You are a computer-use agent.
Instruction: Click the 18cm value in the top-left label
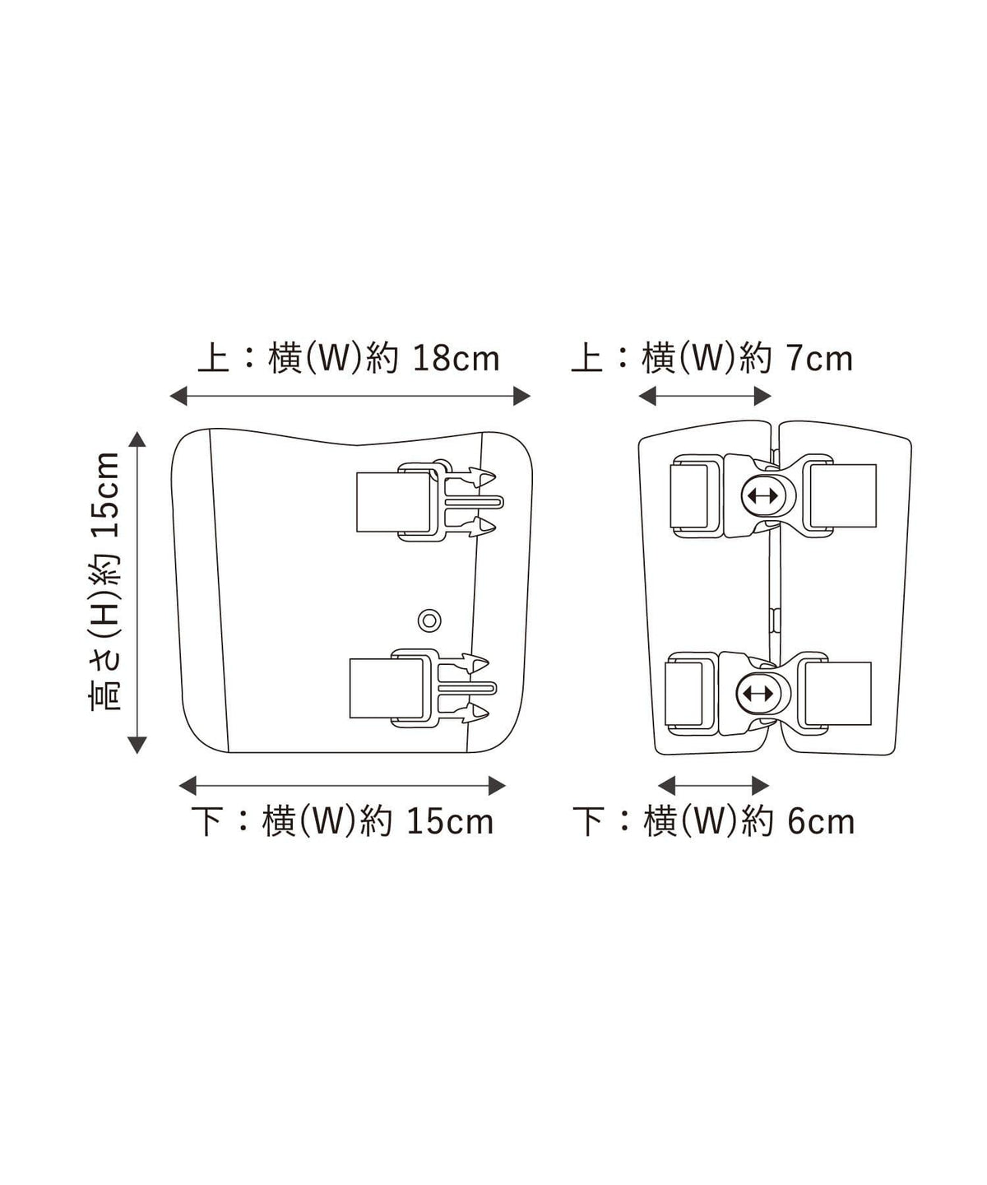click(456, 358)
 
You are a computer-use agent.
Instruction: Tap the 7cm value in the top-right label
click(820, 359)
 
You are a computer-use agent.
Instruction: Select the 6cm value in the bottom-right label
click(821, 822)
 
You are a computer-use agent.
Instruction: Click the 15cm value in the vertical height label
click(105, 495)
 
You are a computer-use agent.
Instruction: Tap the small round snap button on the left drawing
click(429, 620)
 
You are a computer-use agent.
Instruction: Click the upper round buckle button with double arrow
click(762, 495)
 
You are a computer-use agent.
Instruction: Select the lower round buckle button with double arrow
click(757, 693)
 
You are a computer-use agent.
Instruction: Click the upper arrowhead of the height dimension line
click(137, 439)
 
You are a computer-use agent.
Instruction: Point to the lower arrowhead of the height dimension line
click(137, 745)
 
